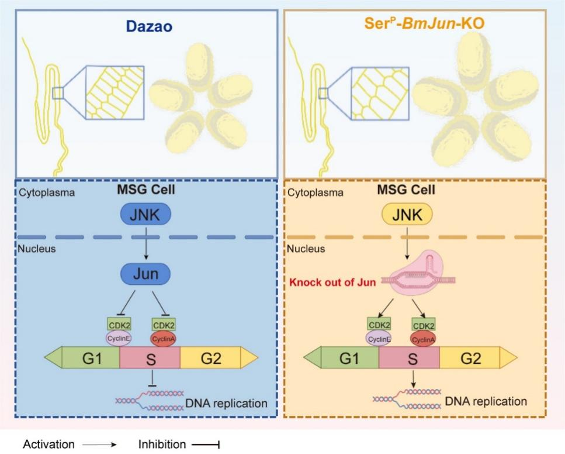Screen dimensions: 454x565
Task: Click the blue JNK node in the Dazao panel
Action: [x=145, y=215]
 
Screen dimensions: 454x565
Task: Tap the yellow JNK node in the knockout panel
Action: [x=407, y=215]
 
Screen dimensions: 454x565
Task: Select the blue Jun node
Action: [x=145, y=273]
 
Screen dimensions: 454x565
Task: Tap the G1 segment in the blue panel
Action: [x=91, y=357]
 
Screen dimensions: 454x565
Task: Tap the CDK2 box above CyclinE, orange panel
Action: [x=378, y=324]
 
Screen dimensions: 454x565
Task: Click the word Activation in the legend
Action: [x=48, y=444]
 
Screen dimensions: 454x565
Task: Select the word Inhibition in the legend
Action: [x=161, y=444]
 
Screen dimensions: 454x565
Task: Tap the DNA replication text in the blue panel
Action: [x=226, y=403]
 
